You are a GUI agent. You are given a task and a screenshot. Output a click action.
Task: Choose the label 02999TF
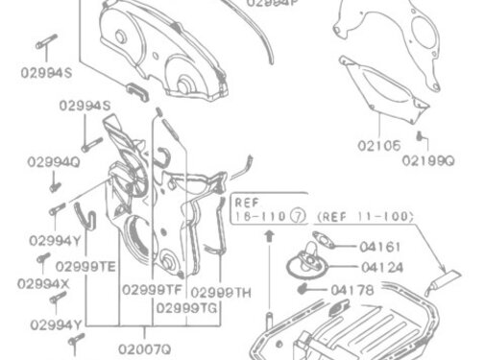[x=152, y=289]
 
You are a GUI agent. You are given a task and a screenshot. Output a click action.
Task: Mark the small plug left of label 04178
[x=303, y=287]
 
